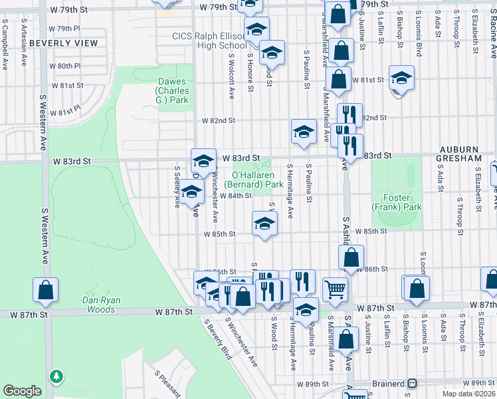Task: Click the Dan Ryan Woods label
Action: pyautogui.click(x=101, y=305)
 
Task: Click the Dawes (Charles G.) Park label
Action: pyautogui.click(x=172, y=90)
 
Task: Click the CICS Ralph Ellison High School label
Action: pyautogui.click(x=209, y=41)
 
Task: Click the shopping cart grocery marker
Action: pyautogui.click(x=335, y=289)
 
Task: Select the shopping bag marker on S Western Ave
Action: pyautogui.click(x=46, y=289)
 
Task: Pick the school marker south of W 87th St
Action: pyautogui.click(x=306, y=310)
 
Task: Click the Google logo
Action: pyautogui.click(x=23, y=391)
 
